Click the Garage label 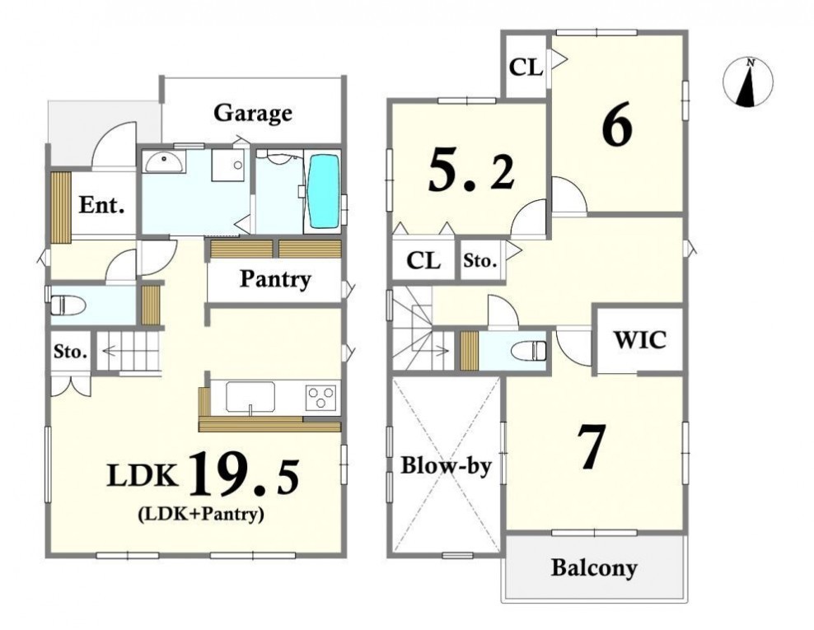(x=253, y=113)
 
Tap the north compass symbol (x=748, y=82)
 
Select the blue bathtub (x=324, y=191)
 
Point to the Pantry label (x=275, y=280)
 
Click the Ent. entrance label (x=102, y=206)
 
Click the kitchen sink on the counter (x=250, y=398)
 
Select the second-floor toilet (x=529, y=351)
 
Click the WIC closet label (x=639, y=340)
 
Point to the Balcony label (x=594, y=567)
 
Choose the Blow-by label (x=446, y=465)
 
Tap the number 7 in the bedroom (x=592, y=447)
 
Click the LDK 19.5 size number (x=245, y=474)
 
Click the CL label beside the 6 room (x=526, y=67)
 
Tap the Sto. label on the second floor (x=480, y=260)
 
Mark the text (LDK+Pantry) (x=201, y=514)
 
